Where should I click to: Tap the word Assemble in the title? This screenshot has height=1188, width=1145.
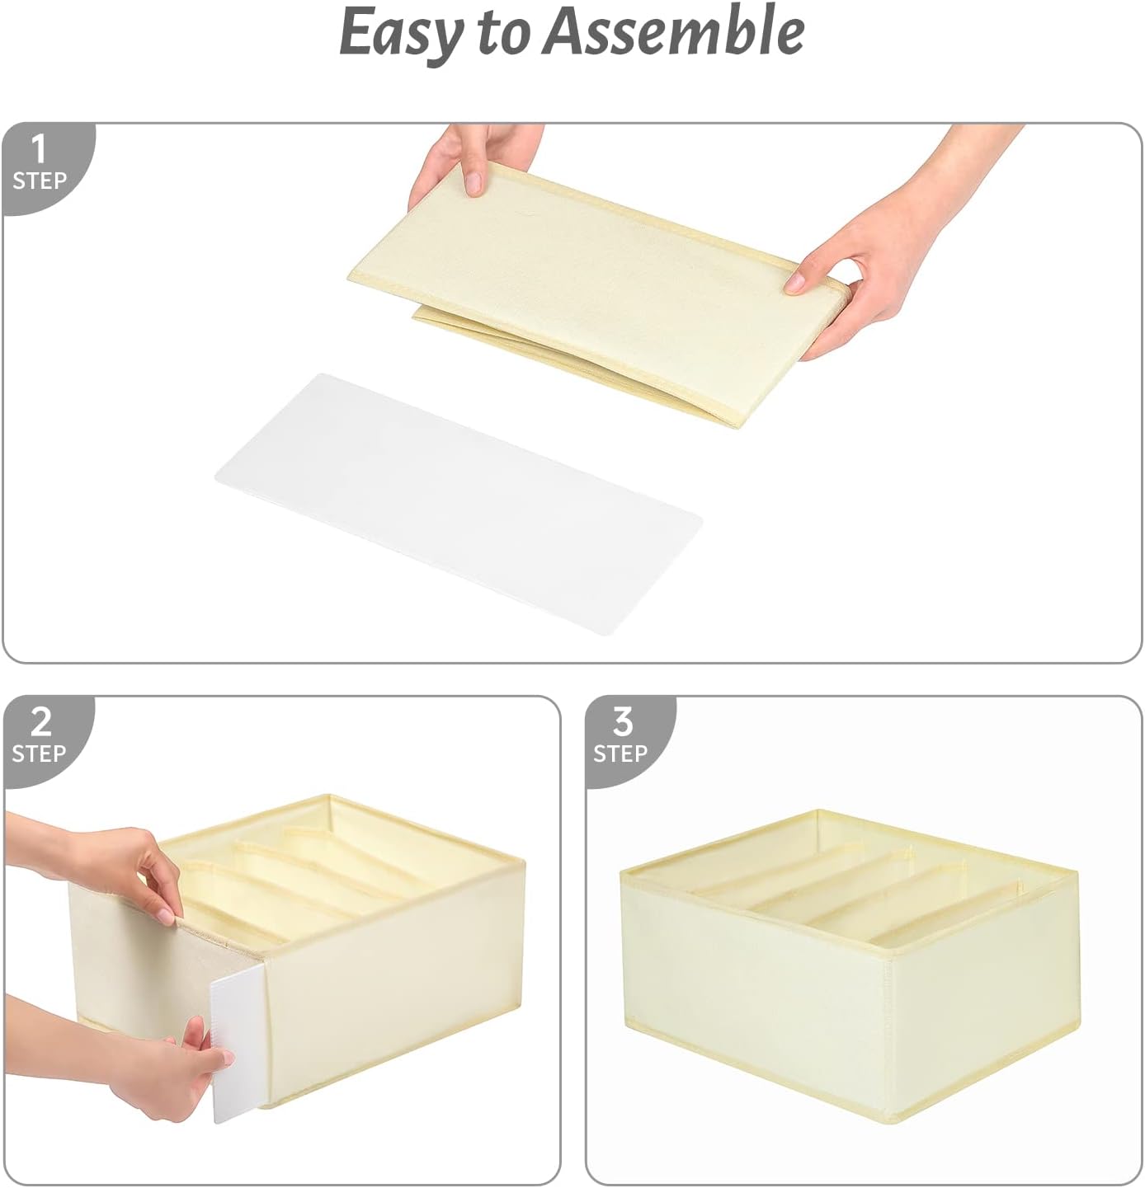point(673,30)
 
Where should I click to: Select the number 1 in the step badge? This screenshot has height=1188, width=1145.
point(39,149)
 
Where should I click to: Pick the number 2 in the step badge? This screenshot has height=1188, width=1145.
point(40,721)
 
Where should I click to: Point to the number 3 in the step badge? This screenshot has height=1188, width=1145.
point(623,721)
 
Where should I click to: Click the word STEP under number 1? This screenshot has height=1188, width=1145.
point(40,181)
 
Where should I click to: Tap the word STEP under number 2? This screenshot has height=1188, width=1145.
point(39,754)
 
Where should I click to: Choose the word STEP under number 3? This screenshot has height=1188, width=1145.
point(621,754)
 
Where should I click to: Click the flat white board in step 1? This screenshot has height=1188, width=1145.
point(458,504)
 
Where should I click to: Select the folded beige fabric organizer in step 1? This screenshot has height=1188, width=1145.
point(599,293)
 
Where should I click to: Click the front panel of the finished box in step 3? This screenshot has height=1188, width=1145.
point(752,989)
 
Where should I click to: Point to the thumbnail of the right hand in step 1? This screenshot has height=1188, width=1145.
point(795,282)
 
